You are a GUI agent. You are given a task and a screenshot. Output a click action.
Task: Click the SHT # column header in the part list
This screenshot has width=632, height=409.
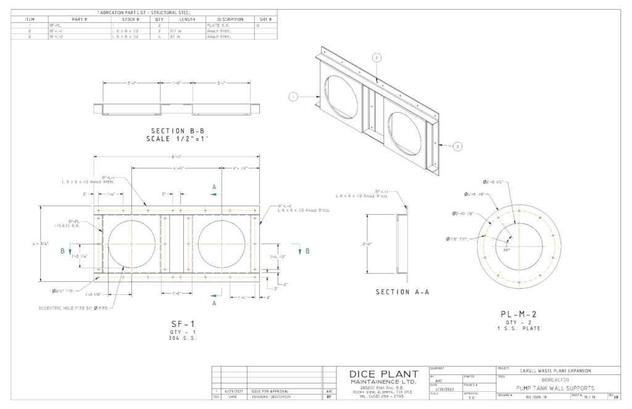tap(265, 19)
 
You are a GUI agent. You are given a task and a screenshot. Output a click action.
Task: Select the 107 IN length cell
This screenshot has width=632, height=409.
tap(173, 31)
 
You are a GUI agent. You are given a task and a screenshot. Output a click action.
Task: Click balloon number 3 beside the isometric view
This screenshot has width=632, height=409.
tap(457, 146)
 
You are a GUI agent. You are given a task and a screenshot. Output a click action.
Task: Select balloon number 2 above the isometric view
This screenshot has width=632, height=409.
tap(376, 57)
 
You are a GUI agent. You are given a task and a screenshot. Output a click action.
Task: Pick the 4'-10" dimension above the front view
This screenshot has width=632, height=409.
tap(179, 168)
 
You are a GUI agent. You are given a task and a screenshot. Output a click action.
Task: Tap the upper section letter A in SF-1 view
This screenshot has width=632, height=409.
tap(214, 186)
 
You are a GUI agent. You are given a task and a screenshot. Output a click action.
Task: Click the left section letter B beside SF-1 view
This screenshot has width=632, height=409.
tap(62, 251)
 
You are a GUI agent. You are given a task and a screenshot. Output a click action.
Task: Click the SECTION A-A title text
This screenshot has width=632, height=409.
tap(402, 292)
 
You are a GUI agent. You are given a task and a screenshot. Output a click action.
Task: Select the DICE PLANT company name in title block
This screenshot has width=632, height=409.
tap(383, 374)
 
